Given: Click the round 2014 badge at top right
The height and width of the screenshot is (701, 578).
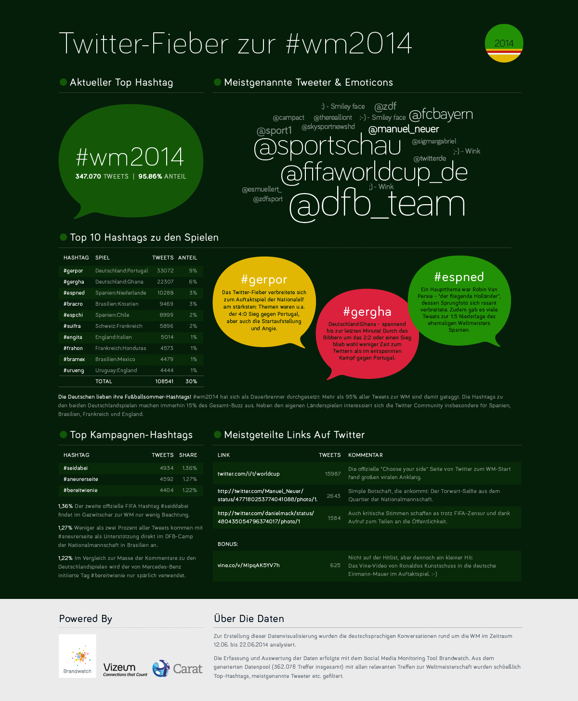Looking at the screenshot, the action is tap(504, 43).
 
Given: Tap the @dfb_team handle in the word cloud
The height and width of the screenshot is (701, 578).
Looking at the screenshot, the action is tap(377, 204).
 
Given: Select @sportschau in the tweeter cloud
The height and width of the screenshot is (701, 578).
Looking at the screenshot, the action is tap(328, 146).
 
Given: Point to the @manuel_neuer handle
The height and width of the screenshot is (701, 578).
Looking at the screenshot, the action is tap(404, 129).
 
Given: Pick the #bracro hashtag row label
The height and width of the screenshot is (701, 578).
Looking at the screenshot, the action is tap(73, 304).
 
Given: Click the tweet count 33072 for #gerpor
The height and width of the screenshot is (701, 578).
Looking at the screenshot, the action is tap(165, 271).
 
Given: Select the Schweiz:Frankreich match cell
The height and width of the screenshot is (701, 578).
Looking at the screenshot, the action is tap(119, 326).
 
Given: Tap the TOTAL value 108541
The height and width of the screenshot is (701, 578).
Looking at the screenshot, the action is tap(164, 381).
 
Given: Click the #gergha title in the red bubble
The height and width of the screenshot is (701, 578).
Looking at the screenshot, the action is tap(367, 312).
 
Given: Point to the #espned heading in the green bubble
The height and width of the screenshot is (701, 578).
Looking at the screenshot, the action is tap(459, 277).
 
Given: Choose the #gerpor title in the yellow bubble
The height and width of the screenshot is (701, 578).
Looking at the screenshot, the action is tap(264, 280).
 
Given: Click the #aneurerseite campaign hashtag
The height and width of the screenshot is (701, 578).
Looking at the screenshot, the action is tap(81, 479).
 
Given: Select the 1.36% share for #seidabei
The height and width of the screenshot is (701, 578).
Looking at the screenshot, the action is tap(189, 468).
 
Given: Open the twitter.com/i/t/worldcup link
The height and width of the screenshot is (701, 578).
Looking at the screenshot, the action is tap(249, 474).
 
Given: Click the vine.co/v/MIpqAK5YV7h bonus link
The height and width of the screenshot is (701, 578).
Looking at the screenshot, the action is tap(249, 565).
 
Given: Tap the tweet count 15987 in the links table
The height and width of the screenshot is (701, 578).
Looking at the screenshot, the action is tap(332, 474).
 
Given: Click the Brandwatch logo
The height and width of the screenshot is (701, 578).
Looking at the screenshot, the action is tap(78, 656).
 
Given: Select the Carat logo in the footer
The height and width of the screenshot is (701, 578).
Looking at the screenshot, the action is tap(177, 669).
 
